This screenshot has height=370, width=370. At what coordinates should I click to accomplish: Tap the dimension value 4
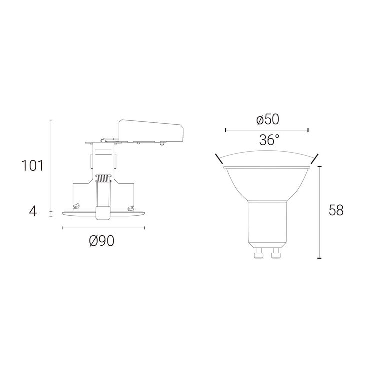point(33,211)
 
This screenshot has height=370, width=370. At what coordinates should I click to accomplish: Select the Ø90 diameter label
point(102,241)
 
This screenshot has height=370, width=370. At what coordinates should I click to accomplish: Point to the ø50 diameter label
point(267,120)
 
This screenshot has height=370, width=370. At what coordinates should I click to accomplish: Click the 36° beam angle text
point(269,140)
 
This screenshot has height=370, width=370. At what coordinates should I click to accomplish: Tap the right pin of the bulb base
point(275,255)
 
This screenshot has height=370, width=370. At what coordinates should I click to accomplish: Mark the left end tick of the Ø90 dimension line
point(62,228)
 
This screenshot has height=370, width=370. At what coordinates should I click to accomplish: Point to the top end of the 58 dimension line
point(319,166)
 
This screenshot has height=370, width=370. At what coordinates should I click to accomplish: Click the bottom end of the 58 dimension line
point(319,259)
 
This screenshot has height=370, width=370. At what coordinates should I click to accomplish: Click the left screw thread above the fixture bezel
point(76,206)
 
